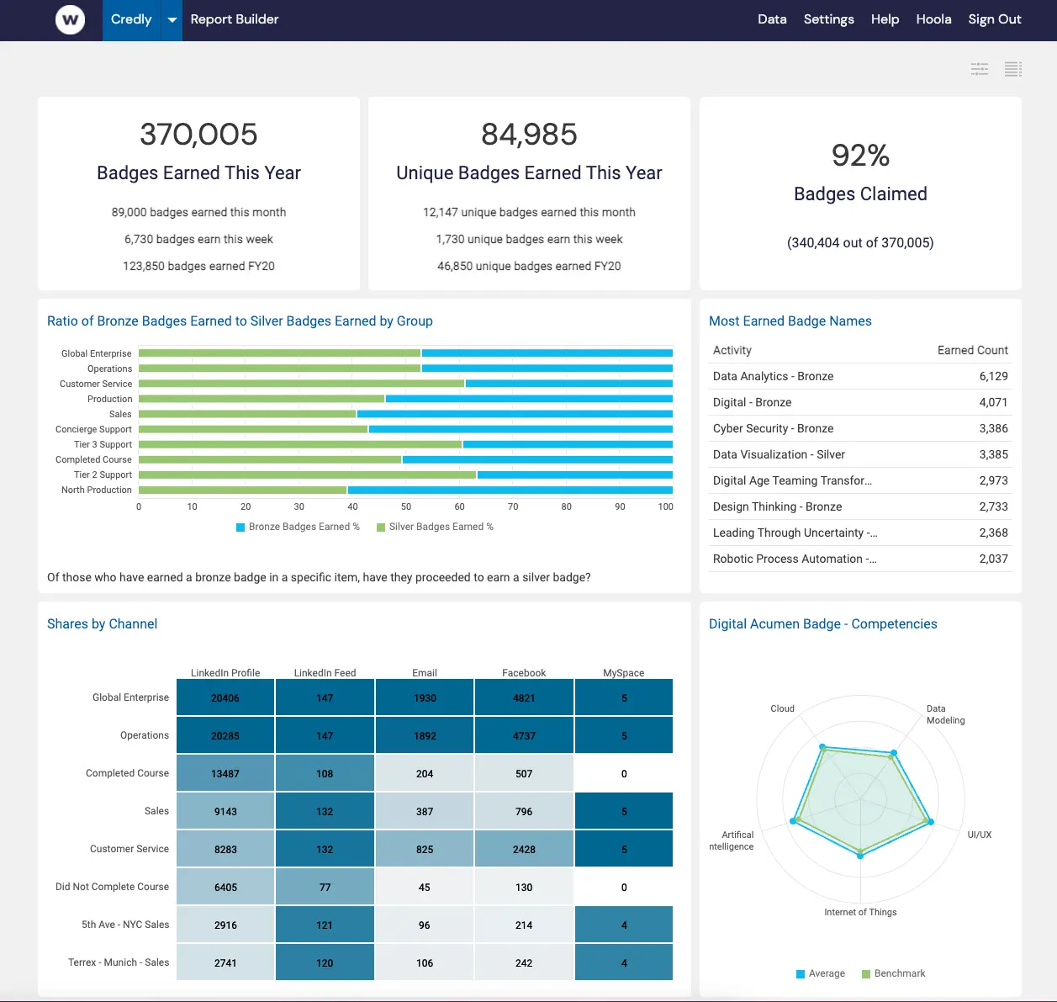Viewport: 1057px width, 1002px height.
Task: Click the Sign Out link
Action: (x=994, y=19)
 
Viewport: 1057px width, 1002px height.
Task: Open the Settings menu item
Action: (x=828, y=19)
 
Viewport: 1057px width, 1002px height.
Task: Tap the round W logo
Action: (x=70, y=19)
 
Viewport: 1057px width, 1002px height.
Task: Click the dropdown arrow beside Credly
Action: (x=172, y=19)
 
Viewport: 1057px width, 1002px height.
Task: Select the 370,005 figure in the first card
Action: (x=198, y=135)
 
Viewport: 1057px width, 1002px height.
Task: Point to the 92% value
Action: (x=860, y=156)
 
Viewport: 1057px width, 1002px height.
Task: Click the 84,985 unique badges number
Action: (x=529, y=135)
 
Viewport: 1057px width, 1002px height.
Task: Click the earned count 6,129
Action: (x=993, y=376)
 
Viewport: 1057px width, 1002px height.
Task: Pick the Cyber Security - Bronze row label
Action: (x=773, y=428)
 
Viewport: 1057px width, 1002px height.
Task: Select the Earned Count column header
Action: (x=972, y=350)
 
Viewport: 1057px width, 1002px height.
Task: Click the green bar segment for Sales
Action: (x=247, y=414)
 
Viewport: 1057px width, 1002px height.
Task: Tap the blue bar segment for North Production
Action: (x=510, y=490)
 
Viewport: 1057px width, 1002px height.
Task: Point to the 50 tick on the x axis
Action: (x=406, y=506)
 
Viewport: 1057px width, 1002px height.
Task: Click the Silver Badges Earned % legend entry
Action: (x=440, y=527)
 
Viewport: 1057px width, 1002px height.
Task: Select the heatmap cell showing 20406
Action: (x=225, y=698)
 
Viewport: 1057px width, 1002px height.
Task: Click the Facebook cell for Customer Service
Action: (x=524, y=849)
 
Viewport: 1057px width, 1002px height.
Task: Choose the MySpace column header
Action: (x=623, y=673)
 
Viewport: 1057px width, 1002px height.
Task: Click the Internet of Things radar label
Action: (x=860, y=912)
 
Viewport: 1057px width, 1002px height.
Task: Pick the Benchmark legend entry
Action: (x=898, y=973)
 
